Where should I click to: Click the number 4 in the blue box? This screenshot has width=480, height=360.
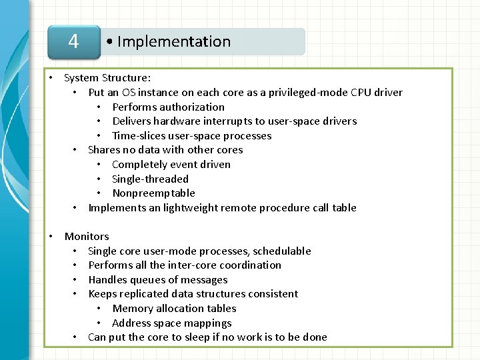(x=73, y=41)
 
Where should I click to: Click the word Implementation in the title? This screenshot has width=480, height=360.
(x=173, y=41)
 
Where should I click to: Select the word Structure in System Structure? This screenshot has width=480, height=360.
(x=127, y=77)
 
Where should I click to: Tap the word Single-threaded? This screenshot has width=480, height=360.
(x=151, y=179)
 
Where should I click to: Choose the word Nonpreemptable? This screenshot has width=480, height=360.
(x=154, y=193)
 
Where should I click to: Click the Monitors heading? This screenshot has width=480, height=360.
(x=87, y=236)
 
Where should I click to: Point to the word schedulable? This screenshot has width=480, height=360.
(x=279, y=251)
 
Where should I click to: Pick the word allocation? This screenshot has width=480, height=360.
(x=177, y=308)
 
